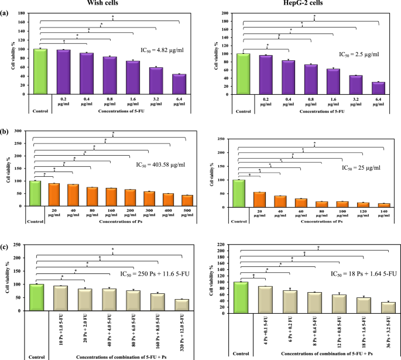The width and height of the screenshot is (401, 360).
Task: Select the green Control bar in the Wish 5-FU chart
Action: (40, 71)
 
